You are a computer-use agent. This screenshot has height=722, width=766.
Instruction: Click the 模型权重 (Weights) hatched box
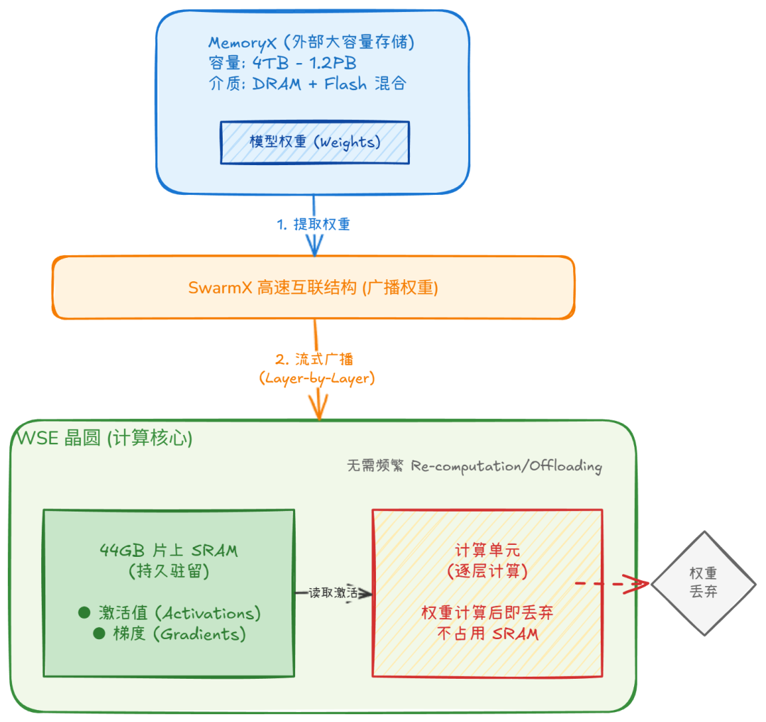coord(315,142)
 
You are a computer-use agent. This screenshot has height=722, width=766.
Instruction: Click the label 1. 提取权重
coord(313,224)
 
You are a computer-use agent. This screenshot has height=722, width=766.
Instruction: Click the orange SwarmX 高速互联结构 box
coord(313,288)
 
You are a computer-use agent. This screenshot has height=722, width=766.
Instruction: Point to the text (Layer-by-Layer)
coord(316,378)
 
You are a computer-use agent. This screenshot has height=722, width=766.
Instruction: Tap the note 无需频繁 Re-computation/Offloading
coord(474,466)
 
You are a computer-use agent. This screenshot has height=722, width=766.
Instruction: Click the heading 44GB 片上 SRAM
coord(169,550)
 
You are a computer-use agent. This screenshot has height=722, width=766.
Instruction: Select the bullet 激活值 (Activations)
coord(170,612)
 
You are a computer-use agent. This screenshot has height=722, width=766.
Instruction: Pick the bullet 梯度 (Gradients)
coord(170,633)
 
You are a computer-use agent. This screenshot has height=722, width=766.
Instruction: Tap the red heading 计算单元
coord(487,551)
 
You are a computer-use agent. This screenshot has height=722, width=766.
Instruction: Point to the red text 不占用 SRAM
coord(487,633)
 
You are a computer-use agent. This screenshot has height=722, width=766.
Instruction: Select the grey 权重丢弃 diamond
coord(704,583)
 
